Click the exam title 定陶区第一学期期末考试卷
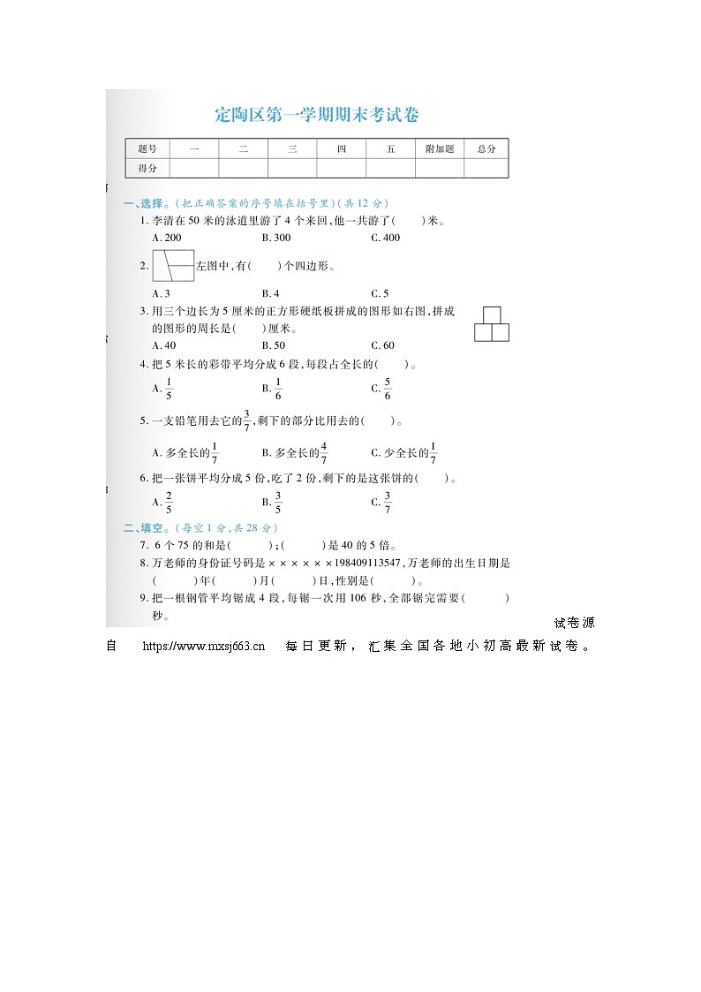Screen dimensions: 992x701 click(317, 115)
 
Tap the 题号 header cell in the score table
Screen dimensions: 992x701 click(147, 149)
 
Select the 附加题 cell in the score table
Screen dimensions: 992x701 click(439, 149)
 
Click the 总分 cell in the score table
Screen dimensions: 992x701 click(486, 149)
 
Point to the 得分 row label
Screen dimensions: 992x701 click(147, 168)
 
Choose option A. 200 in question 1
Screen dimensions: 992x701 click(167, 238)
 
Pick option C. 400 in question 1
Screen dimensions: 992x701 click(385, 238)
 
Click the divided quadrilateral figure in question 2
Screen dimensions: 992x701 click(173, 265)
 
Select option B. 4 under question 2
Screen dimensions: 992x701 click(271, 293)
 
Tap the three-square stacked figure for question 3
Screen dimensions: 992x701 click(492, 324)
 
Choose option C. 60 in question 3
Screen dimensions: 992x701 click(383, 345)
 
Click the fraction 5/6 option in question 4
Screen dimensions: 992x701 click(382, 388)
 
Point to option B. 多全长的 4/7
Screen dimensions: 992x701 click(296, 453)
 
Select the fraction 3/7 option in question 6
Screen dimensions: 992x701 click(382, 503)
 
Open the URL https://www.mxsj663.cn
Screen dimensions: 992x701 click(204, 646)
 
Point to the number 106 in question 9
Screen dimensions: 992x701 click(358, 598)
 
